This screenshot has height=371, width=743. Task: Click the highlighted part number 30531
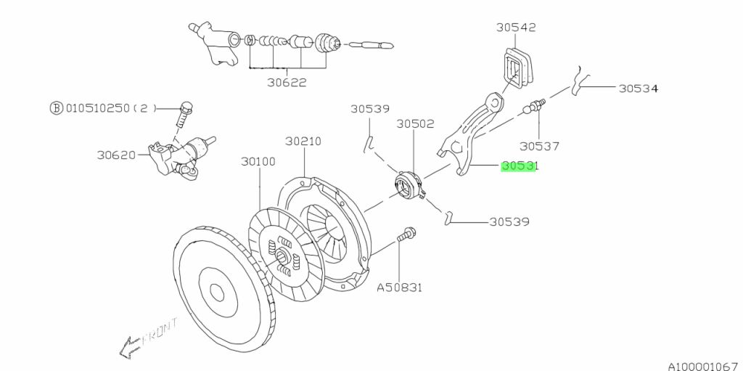(x=518, y=166)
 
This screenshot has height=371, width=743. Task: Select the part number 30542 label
(x=516, y=28)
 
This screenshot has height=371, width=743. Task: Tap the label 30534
(x=638, y=89)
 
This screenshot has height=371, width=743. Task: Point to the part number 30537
(x=539, y=145)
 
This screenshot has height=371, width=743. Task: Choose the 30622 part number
(x=286, y=82)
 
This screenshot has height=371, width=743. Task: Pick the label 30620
(x=117, y=155)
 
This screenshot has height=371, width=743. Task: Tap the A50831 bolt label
(x=399, y=287)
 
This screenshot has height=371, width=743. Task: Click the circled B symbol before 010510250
(x=56, y=108)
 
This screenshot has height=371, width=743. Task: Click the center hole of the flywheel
(x=217, y=291)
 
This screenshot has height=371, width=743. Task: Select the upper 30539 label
(x=370, y=109)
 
